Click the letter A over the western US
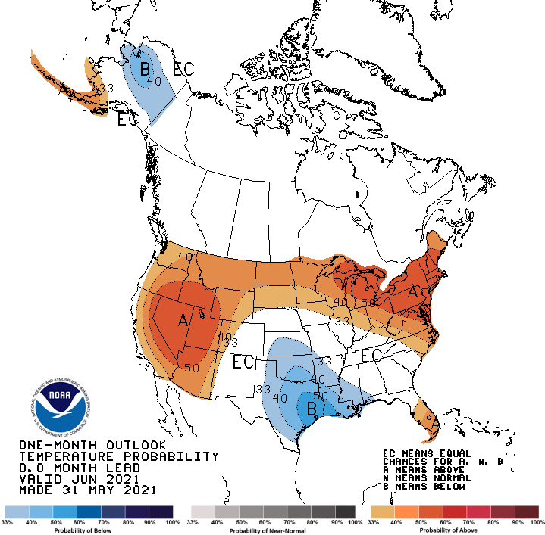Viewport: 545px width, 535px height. (x=183, y=321)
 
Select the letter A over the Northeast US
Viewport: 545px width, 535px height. (x=413, y=291)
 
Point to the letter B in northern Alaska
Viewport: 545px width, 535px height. (x=144, y=71)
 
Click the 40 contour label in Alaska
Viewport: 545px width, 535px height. (x=155, y=82)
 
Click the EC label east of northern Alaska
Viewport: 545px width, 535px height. (x=183, y=70)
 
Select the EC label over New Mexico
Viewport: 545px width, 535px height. (x=243, y=362)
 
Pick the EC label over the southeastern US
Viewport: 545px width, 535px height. (x=371, y=356)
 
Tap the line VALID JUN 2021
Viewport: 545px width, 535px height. (x=79, y=479)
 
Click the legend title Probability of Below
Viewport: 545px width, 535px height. (x=89, y=530)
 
